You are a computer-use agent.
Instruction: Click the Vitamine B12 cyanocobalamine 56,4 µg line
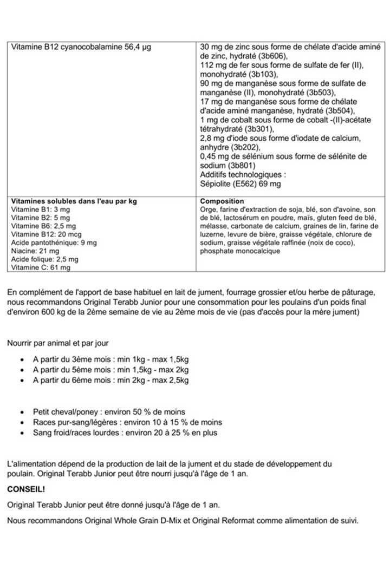pos(81,47)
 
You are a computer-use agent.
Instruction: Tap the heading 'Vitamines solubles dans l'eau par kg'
pos(74,201)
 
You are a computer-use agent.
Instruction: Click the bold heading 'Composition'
pos(222,201)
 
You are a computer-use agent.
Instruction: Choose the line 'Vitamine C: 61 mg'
pos(41,267)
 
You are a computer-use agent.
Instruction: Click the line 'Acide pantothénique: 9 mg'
pos(54,243)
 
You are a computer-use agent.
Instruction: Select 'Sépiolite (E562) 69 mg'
pos(240,184)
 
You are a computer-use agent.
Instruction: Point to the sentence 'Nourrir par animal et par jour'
pos(61,343)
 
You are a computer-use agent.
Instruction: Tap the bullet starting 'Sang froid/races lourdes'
pos(125,433)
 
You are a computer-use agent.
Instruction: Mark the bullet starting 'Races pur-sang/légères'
pos(127,422)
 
